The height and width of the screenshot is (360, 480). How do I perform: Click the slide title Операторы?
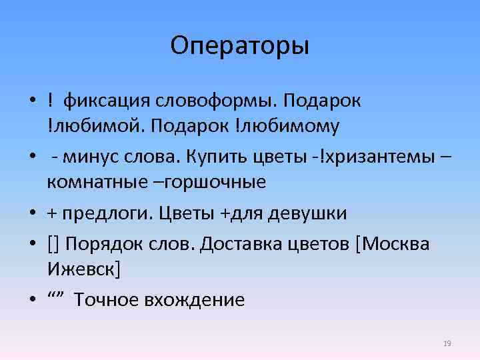coord(239,46)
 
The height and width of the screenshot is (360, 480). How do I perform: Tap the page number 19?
coord(447,343)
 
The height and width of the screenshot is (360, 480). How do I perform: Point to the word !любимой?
coord(86,125)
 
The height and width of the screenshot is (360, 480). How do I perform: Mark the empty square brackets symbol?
coord(53,245)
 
